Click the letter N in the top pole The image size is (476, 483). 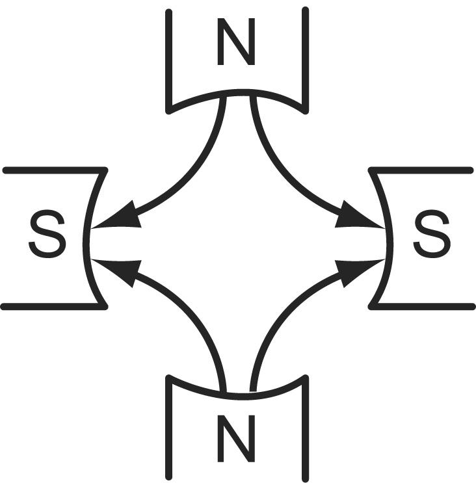236,42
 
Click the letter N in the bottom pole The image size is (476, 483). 236,438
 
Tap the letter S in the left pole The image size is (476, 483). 47,234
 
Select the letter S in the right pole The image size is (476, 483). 432,234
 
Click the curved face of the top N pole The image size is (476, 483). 237,92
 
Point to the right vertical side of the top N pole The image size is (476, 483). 306,59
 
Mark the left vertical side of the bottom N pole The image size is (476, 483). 169,429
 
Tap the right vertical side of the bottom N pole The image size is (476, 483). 306,429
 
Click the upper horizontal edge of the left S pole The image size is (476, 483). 55,170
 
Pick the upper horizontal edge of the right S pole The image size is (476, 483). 421,170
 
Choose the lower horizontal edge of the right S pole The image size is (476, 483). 422,306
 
